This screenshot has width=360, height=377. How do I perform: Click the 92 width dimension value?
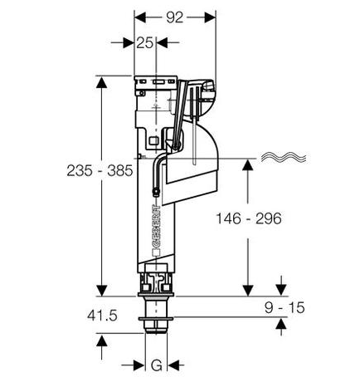175,17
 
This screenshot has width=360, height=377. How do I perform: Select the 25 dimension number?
144,42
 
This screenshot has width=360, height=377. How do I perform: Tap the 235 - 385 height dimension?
100,170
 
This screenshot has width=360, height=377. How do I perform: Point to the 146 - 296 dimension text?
249,218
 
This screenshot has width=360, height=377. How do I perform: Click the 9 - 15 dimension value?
285,308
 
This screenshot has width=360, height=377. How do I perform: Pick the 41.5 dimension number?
102,316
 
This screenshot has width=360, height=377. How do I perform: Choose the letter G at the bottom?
157,365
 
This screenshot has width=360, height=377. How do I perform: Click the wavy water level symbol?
284,157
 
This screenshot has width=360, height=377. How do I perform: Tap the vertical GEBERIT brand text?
156,226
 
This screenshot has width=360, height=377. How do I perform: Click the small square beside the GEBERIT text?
156,252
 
